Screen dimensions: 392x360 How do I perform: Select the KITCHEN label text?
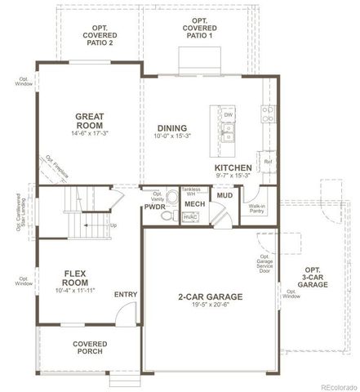click(x=233, y=166)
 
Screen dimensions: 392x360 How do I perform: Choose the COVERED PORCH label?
click(x=89, y=350)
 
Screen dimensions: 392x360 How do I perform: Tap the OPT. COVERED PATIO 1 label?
click(x=199, y=29)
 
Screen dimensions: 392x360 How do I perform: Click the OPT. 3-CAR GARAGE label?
click(x=313, y=277)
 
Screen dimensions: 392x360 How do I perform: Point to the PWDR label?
click(x=155, y=207)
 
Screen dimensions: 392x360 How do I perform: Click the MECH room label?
click(x=193, y=203)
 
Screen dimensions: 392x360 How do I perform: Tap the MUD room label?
click(x=224, y=196)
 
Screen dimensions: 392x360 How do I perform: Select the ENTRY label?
click(x=127, y=295)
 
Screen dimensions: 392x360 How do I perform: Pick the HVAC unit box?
click(x=191, y=217)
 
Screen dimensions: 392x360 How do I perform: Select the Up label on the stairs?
click(x=113, y=225)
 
